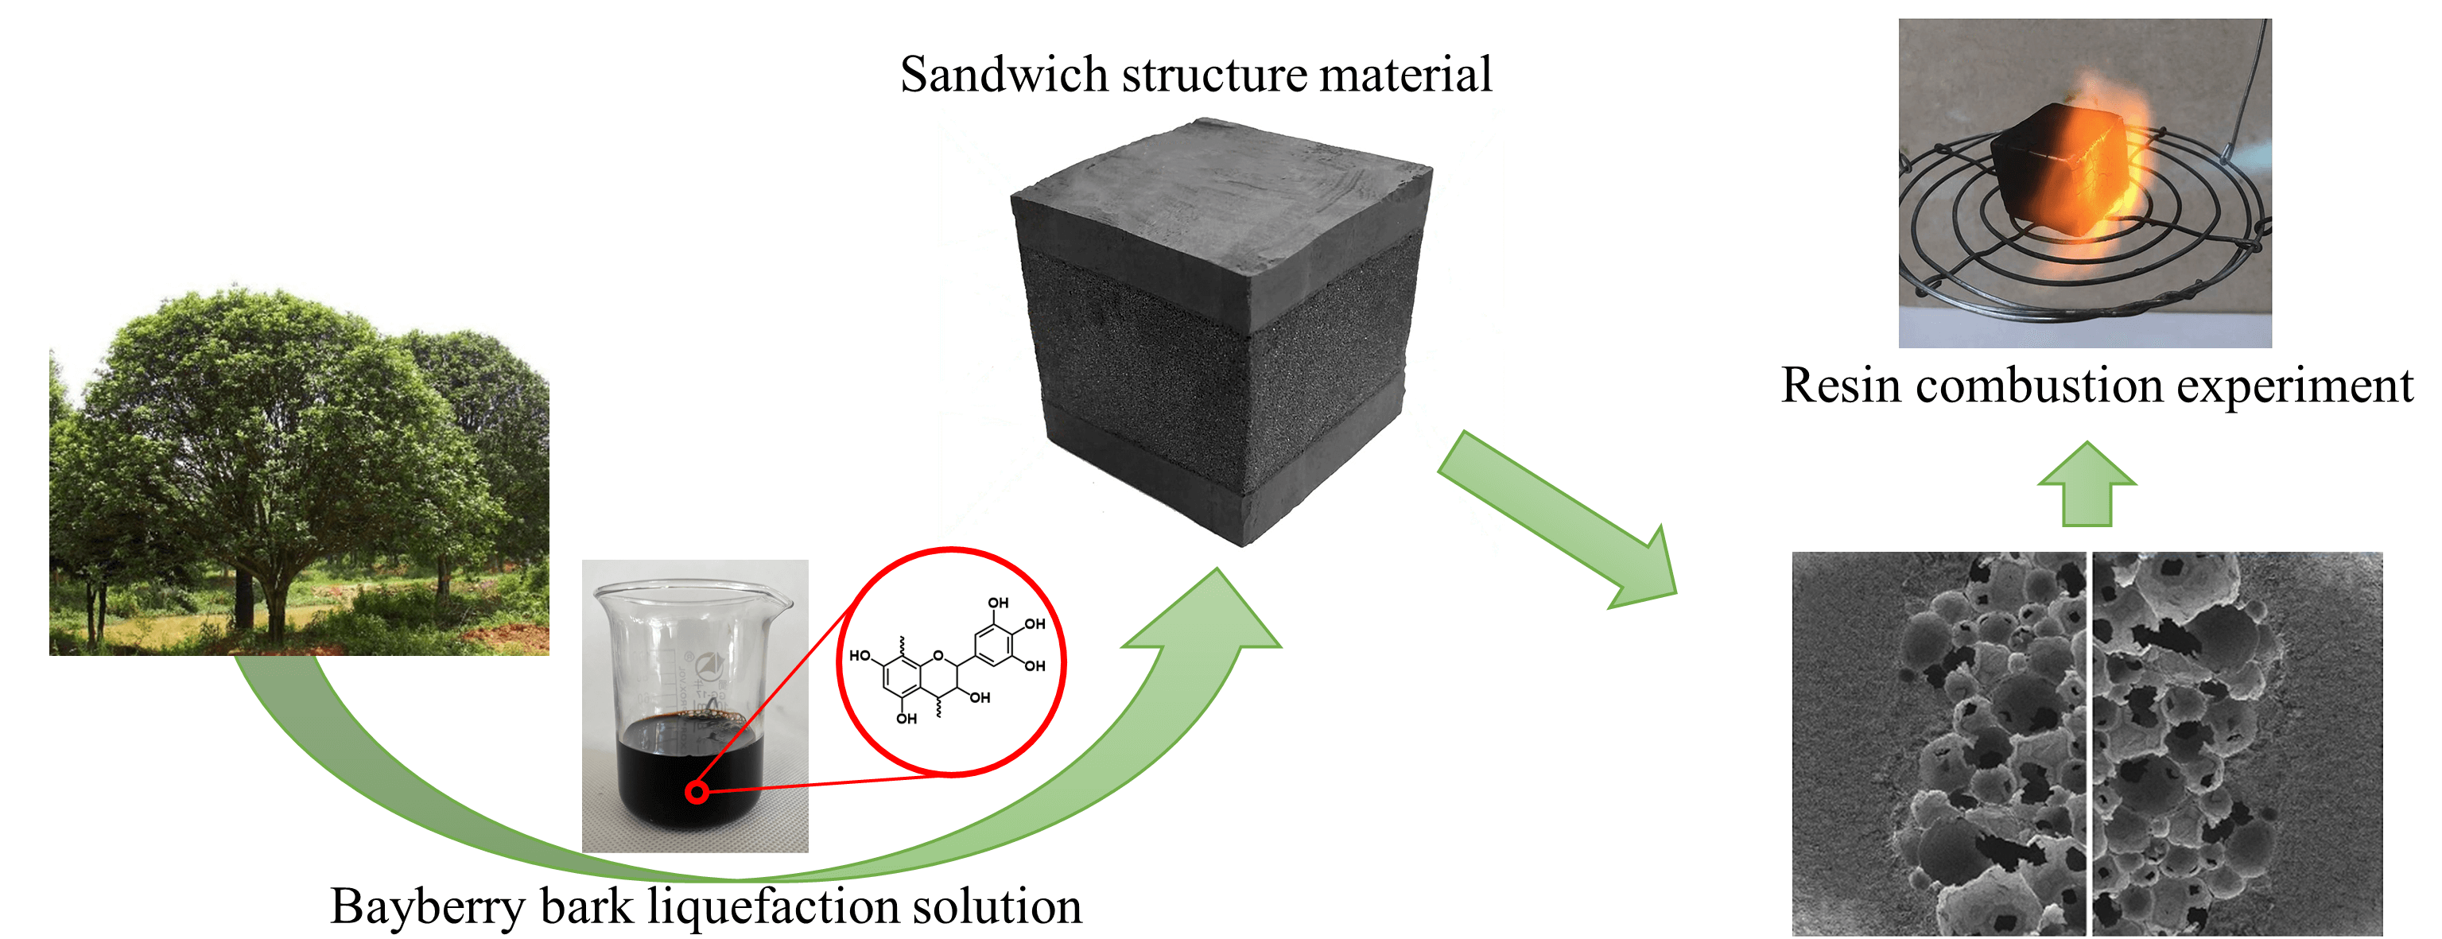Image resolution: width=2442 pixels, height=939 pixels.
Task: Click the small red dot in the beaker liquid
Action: tap(697, 791)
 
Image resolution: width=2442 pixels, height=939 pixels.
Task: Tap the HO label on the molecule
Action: tap(860, 656)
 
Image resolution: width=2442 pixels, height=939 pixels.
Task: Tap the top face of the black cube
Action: tap(1223, 189)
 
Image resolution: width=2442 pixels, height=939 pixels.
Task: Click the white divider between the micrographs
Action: tap(2088, 744)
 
